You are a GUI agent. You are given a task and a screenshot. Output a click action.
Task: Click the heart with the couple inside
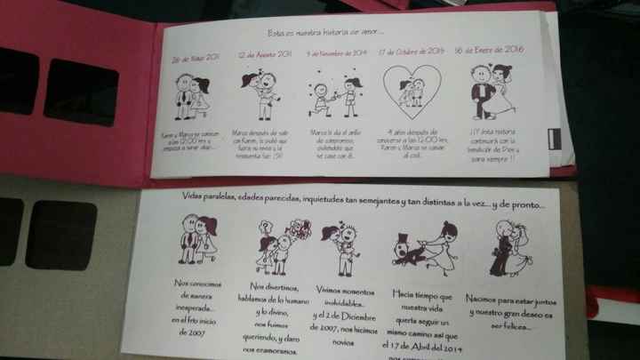click(412, 92)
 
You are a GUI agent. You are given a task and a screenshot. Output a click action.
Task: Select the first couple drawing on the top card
click(192, 98)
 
